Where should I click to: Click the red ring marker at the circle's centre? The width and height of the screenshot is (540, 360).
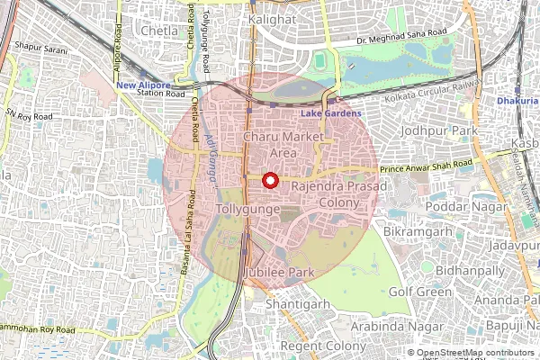[268, 180]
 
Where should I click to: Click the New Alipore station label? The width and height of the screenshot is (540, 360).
[143, 85]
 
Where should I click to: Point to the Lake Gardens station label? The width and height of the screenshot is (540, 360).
[330, 113]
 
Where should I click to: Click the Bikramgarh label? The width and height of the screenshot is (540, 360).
[414, 233]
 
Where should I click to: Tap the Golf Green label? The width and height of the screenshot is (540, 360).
[420, 292]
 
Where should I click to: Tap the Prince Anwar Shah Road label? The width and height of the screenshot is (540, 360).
[425, 166]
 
